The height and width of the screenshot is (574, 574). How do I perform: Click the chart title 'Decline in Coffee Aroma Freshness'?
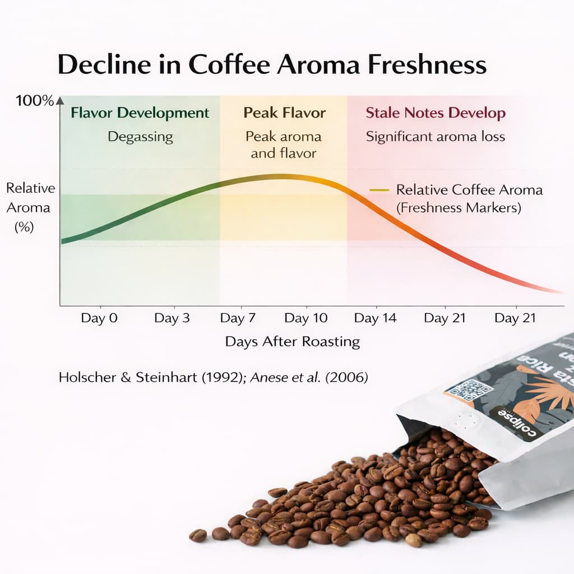(272, 65)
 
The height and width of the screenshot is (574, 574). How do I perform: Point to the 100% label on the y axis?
(35, 101)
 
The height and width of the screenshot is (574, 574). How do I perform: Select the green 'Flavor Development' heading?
(140, 113)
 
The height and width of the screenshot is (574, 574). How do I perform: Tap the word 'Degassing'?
(140, 136)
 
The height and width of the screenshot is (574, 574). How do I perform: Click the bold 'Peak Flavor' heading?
(284, 113)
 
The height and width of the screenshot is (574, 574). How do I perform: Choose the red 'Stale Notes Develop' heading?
(436, 113)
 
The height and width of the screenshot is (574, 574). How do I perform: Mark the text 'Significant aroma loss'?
(436, 136)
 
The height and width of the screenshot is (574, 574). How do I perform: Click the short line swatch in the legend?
(379, 190)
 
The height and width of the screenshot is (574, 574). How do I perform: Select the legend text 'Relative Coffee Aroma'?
(469, 190)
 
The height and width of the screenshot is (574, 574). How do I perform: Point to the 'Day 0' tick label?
(99, 318)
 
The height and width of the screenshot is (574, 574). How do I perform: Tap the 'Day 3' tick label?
(172, 318)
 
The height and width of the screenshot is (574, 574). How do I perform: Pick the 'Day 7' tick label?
(238, 318)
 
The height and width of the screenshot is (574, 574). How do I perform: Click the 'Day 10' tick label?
(305, 318)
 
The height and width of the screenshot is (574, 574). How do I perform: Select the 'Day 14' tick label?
(375, 318)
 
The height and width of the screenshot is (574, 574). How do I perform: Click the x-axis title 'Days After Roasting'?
(292, 341)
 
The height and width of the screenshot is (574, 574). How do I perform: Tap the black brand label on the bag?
(512, 423)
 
